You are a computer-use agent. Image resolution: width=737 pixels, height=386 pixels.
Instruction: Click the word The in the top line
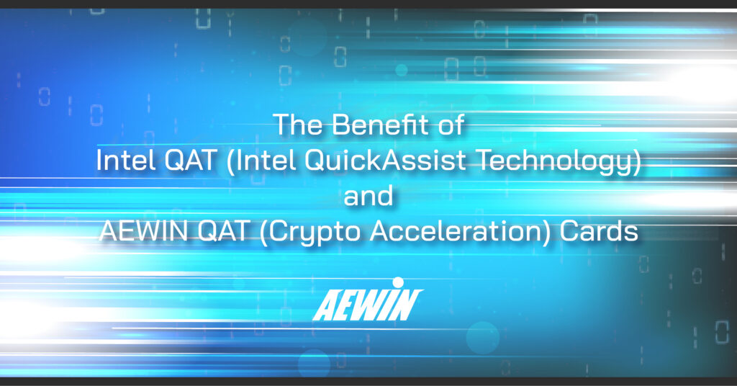[x=294, y=125]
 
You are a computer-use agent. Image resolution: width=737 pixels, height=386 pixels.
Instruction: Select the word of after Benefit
[x=450, y=125]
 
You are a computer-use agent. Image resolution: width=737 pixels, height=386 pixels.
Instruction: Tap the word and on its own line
[x=368, y=196]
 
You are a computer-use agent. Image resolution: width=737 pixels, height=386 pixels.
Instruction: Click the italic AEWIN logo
[x=368, y=303]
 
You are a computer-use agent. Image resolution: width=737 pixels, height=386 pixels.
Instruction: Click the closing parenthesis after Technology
[x=636, y=161]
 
